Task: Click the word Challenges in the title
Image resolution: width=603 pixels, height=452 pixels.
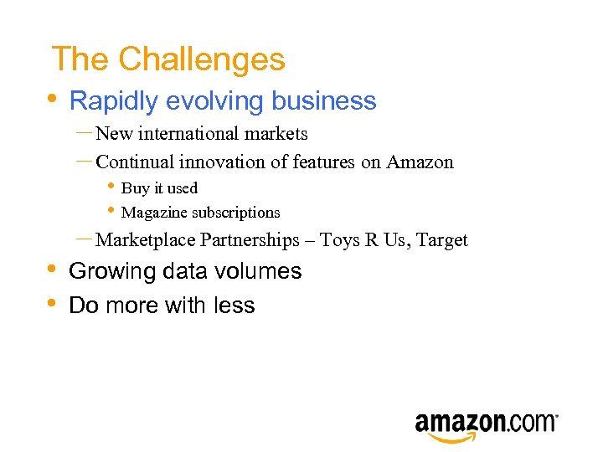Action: pyautogui.click(x=201, y=59)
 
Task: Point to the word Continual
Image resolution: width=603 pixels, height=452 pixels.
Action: pyautogui.click(x=131, y=162)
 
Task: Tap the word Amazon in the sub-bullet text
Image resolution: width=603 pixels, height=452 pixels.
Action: pyautogui.click(x=420, y=162)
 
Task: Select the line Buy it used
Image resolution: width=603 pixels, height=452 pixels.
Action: pyautogui.click(x=159, y=188)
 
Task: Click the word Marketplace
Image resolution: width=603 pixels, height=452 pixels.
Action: pyautogui.click(x=147, y=240)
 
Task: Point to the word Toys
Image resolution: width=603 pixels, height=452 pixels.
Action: pyautogui.click(x=340, y=240)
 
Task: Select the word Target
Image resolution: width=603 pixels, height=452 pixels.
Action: pyautogui.click(x=442, y=240)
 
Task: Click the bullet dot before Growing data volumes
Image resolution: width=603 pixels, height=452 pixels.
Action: pyautogui.click(x=52, y=269)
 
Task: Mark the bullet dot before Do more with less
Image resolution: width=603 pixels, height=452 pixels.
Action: pyautogui.click(x=52, y=302)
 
